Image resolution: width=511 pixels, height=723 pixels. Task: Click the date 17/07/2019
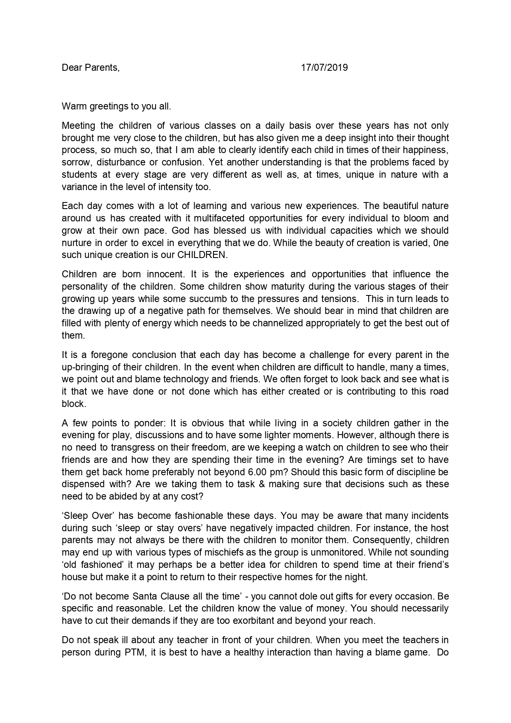(x=324, y=67)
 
